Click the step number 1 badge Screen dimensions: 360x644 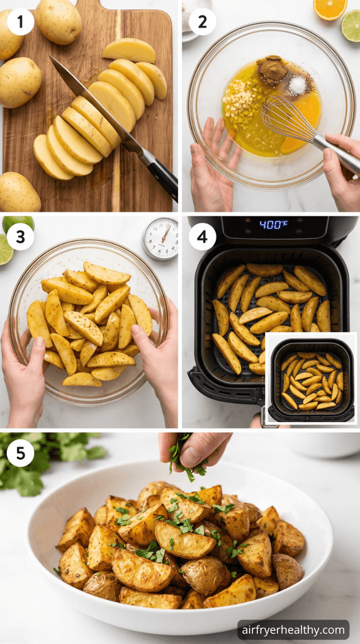tap(21, 22)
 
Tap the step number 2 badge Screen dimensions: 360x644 tap(202, 22)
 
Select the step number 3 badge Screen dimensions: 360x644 tap(21, 237)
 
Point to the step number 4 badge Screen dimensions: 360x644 tap(202, 237)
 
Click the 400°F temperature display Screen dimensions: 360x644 tap(273, 225)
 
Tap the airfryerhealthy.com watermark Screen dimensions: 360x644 tap(293, 630)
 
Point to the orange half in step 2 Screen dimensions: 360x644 tap(330, 9)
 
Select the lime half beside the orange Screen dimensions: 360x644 tap(351, 26)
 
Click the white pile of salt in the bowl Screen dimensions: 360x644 tap(297, 86)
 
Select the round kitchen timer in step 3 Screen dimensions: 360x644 tap(160, 238)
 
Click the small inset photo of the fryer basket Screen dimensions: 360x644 tap(311, 378)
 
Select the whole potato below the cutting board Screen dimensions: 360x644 tap(19, 192)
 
